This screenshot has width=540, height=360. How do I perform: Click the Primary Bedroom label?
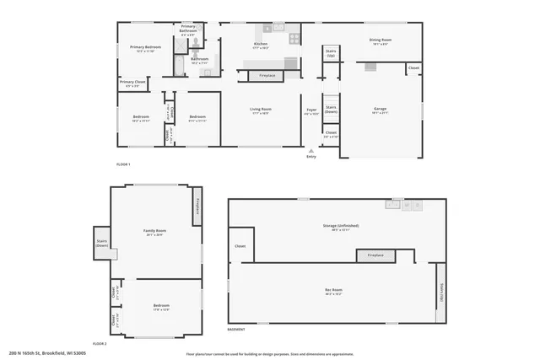click(x=145, y=48)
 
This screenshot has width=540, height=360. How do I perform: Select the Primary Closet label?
click(x=133, y=83)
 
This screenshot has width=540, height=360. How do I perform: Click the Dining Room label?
click(x=381, y=40)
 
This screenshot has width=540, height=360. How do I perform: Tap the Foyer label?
click(x=311, y=110)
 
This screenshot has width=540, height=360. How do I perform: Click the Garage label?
click(x=381, y=110)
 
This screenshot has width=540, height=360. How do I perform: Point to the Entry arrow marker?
click(x=311, y=150)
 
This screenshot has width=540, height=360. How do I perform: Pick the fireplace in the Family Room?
click(x=197, y=205)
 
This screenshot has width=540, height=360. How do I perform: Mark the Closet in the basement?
click(x=240, y=247)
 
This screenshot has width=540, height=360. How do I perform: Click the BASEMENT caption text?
click(x=236, y=329)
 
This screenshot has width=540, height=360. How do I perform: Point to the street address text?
click(x=47, y=353)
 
